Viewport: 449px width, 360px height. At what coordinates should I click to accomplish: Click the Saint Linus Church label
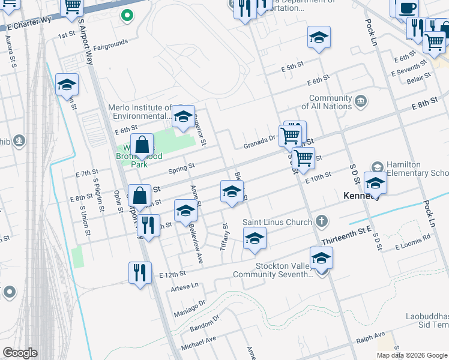click(277, 222)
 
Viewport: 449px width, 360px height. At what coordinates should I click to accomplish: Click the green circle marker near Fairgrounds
click(127, 16)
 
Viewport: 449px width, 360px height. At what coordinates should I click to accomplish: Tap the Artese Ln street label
click(184, 286)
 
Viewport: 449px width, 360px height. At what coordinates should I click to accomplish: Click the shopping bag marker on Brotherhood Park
click(142, 145)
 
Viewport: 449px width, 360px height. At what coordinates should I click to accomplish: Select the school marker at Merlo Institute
click(182, 117)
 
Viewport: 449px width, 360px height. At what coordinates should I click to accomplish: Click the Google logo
click(20, 353)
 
